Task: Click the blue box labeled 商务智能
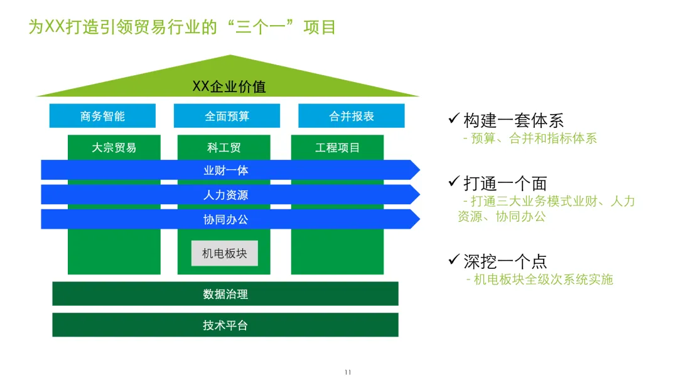(x=102, y=116)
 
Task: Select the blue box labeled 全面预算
(x=227, y=116)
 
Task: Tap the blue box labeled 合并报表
(x=351, y=116)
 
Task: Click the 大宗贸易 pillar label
(x=114, y=148)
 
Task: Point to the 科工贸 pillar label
(x=223, y=148)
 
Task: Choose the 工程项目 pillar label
(x=337, y=148)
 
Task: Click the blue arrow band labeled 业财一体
(x=226, y=170)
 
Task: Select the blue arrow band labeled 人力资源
(x=226, y=195)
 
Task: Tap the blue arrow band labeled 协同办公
(x=226, y=219)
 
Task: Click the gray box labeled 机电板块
(x=225, y=254)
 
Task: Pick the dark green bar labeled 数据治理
(x=225, y=294)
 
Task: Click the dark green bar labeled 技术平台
(x=225, y=325)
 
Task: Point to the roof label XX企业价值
(x=229, y=86)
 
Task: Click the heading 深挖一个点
(x=505, y=261)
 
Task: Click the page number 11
(x=348, y=372)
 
